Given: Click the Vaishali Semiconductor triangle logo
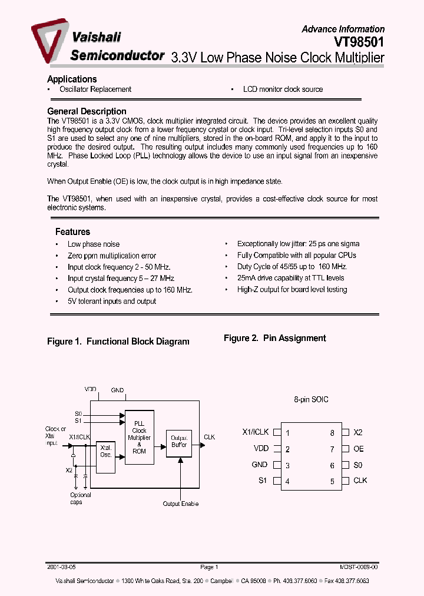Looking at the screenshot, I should (x=48, y=41).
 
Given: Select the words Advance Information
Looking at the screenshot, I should (x=343, y=29).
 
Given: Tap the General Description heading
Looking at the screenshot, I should (x=87, y=111).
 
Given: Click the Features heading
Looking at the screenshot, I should (x=72, y=232).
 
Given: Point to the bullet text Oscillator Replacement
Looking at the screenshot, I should (x=95, y=90).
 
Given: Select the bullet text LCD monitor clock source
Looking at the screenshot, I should (x=283, y=90).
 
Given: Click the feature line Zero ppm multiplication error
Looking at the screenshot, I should (x=112, y=256).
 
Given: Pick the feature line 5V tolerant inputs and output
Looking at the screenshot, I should (x=112, y=302).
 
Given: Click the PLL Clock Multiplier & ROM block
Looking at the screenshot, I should (x=139, y=438).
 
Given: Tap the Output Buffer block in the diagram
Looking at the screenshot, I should (x=178, y=442).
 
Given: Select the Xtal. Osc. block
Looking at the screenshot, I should (x=106, y=451).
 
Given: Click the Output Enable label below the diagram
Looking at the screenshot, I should (x=181, y=504).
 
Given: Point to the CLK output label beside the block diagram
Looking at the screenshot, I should (x=209, y=437).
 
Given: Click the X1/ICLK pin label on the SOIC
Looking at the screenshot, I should (x=255, y=432).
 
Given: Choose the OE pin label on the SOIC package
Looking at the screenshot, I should (x=359, y=449).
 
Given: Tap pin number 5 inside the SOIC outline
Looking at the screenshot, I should (x=332, y=481).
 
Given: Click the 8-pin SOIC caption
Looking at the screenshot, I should (x=311, y=400).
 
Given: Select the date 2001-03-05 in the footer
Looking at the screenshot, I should (x=61, y=567).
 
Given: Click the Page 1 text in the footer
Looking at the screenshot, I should (x=209, y=567).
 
